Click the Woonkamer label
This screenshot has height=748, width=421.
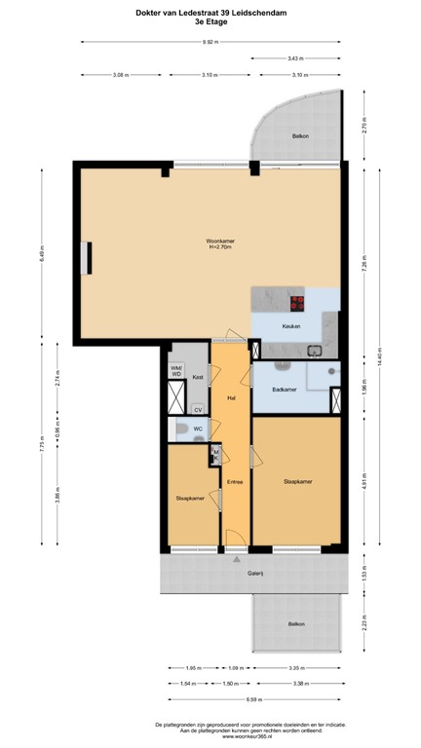(219, 241)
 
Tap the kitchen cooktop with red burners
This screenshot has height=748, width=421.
(295, 301)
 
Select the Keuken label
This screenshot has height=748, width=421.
(290, 326)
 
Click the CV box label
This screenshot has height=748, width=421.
(197, 409)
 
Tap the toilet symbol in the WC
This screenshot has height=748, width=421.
(180, 430)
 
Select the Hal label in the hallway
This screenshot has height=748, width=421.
(232, 397)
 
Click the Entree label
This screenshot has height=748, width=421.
(235, 481)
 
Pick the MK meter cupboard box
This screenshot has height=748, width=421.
(215, 454)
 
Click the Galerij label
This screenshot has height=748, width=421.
(255, 574)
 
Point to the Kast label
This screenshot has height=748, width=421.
(197, 376)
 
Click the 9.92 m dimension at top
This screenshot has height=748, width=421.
(210, 43)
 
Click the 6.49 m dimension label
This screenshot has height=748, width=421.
(42, 255)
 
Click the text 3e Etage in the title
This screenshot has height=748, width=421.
(210, 20)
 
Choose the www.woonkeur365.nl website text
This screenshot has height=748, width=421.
(210, 737)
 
